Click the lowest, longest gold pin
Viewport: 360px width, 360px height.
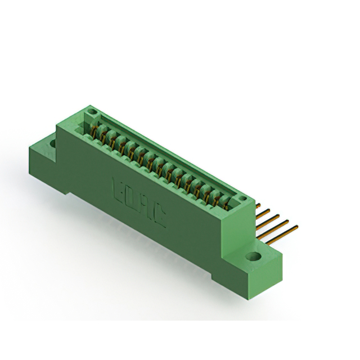(x=281, y=235)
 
